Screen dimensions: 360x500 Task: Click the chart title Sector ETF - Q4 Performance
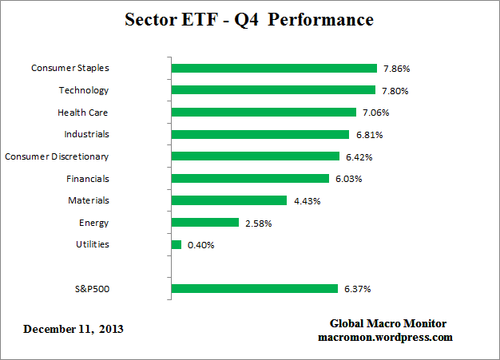click(249, 19)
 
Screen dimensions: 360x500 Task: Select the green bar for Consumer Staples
click(274, 69)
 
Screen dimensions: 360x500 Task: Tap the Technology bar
click(273, 90)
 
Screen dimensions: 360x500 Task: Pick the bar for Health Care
click(264, 113)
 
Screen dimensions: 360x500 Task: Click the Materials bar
click(229, 200)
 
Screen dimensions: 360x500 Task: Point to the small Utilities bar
click(177, 244)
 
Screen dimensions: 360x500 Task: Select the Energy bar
click(205, 223)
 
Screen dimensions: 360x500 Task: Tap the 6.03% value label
click(347, 179)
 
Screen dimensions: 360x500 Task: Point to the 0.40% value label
click(200, 245)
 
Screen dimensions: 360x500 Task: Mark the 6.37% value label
click(356, 289)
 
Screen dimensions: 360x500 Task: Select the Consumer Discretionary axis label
click(57, 156)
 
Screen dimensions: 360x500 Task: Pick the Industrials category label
click(86, 134)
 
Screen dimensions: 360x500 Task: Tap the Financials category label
click(88, 179)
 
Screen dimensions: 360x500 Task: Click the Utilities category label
click(92, 244)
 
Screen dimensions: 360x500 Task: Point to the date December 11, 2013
click(73, 329)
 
